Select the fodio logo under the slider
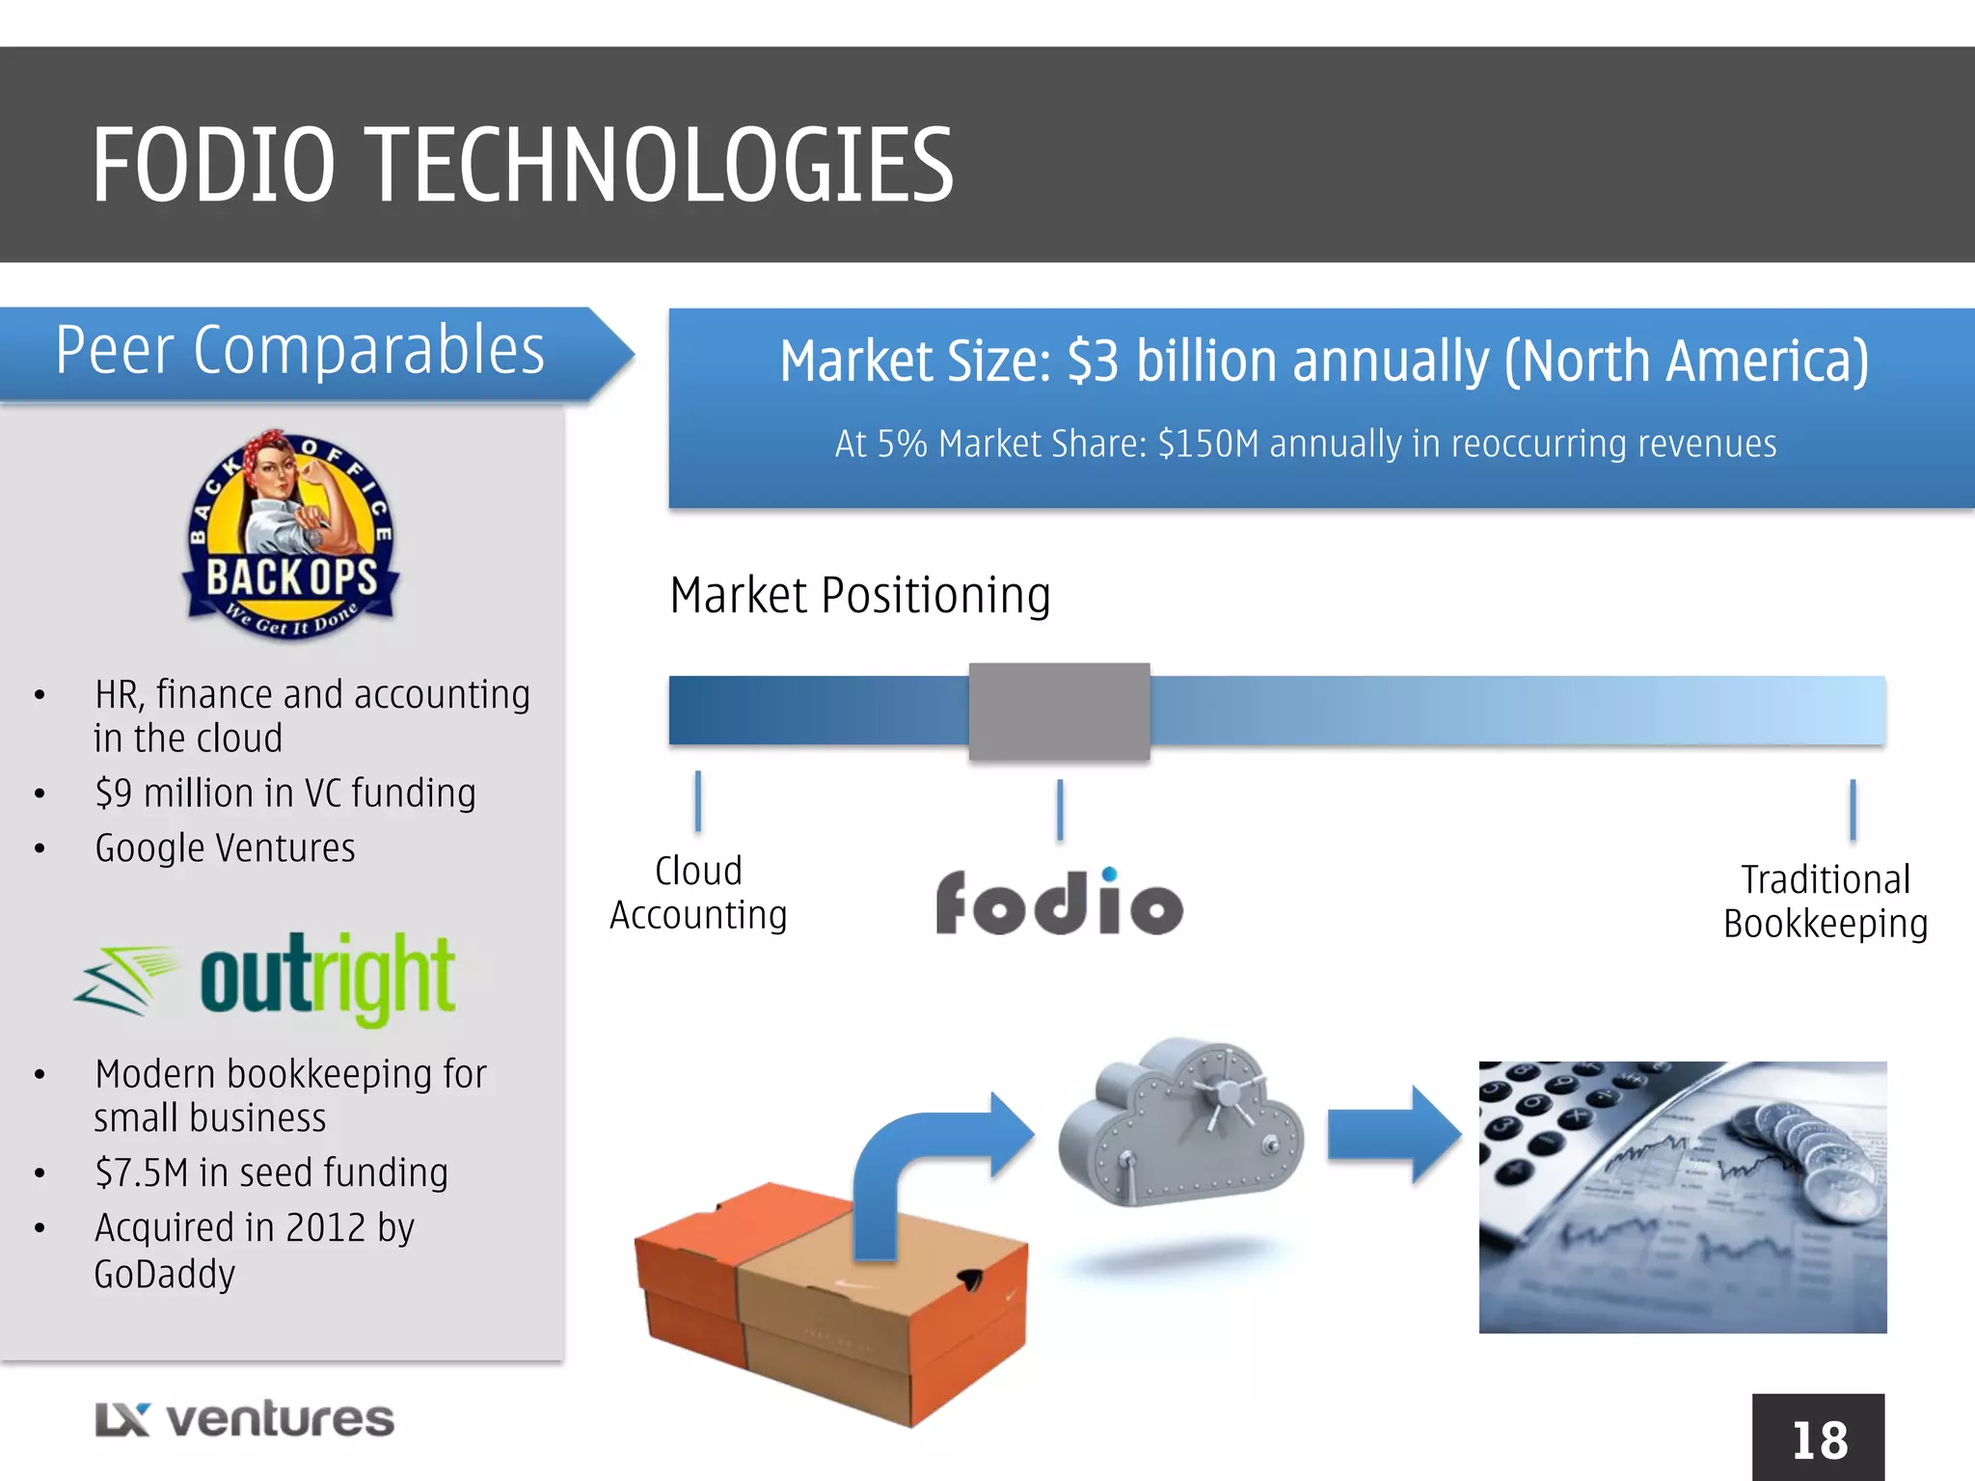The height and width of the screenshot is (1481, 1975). click(x=1059, y=902)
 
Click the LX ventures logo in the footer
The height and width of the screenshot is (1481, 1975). click(x=245, y=1419)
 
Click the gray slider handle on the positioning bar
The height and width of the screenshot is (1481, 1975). click(x=1059, y=712)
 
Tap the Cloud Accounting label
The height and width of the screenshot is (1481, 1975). click(x=698, y=893)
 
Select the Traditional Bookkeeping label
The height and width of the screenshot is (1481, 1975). click(x=1825, y=902)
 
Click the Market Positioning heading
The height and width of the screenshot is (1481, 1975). click(x=859, y=595)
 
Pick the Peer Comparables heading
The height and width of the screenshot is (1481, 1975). click(x=300, y=351)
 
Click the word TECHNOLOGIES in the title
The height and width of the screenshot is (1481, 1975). click(x=662, y=166)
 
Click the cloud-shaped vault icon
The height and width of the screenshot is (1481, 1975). click(x=1180, y=1123)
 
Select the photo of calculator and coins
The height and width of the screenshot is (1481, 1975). click(x=1683, y=1197)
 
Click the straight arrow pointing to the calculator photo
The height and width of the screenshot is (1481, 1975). click(x=1393, y=1134)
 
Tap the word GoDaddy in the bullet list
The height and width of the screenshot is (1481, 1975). click(x=165, y=1275)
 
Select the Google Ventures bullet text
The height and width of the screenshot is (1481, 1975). click(x=225, y=848)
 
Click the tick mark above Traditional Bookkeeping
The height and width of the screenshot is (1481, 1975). click(x=1853, y=810)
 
